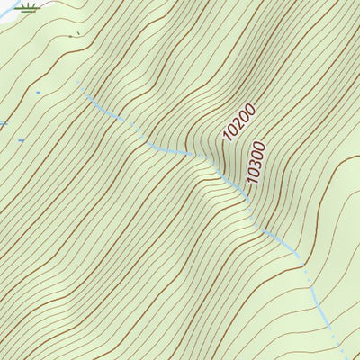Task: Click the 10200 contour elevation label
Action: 240,123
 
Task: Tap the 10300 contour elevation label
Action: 256,163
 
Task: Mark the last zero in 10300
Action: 262,145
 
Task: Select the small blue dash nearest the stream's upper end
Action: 38,92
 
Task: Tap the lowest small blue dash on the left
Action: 21,140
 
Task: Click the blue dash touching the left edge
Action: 3,123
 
